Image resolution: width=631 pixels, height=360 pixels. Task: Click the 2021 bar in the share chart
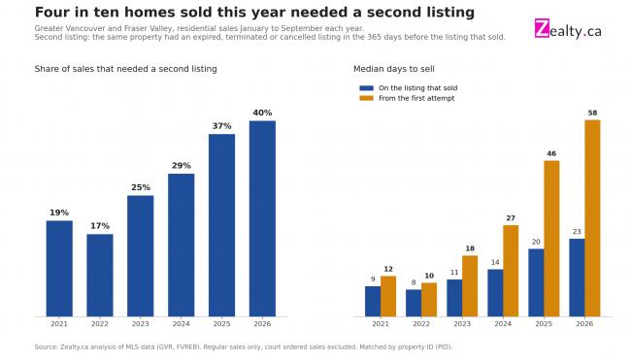point(59,268)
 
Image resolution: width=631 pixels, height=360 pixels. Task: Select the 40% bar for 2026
point(262,218)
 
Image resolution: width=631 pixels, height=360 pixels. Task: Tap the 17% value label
point(100,226)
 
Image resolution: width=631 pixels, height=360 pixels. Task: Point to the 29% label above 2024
point(182,166)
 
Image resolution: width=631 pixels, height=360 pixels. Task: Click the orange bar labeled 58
point(592,218)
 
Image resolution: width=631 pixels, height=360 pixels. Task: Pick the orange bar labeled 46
point(551,239)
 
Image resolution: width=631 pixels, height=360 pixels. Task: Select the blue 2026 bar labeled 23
point(577,278)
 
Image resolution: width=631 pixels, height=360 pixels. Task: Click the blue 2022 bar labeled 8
point(414,303)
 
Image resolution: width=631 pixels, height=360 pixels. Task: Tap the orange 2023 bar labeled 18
point(470,286)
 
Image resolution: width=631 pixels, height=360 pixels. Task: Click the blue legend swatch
point(367,88)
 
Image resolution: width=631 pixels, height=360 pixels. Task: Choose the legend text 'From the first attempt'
point(416,98)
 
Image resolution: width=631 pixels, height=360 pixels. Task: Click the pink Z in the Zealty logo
point(542,28)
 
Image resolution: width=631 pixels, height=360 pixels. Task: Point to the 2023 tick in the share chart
point(141,324)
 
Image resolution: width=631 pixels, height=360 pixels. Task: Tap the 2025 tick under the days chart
point(544,324)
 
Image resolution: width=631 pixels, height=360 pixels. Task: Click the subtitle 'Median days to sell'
point(394,69)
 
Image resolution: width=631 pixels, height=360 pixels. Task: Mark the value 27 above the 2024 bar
point(511,218)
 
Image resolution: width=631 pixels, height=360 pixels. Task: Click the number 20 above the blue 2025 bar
point(536,243)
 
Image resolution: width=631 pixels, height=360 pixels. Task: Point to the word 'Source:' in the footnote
point(47,346)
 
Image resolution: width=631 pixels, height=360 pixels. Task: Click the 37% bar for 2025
point(221,225)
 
